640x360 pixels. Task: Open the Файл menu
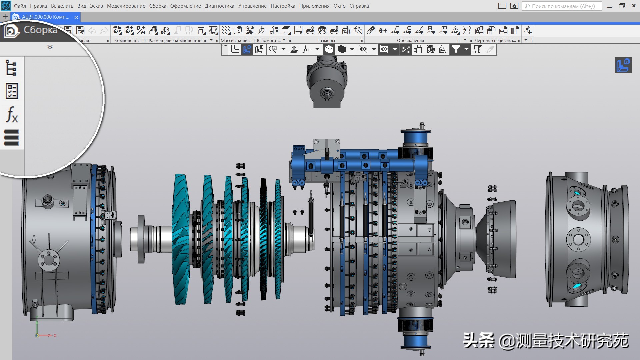(x=20, y=6)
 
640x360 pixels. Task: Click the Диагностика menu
(x=219, y=6)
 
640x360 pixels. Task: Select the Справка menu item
(x=359, y=6)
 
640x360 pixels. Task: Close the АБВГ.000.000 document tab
(x=76, y=17)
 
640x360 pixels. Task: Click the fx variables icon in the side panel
(x=12, y=114)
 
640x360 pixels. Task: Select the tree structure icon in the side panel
(x=11, y=68)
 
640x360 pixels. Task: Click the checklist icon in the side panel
(x=12, y=91)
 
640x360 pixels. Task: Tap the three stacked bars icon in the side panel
(x=11, y=138)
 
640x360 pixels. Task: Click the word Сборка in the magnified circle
(x=40, y=30)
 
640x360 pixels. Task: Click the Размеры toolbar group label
(x=326, y=40)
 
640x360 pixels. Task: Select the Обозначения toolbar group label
(x=410, y=40)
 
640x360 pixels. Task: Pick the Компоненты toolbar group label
(x=127, y=40)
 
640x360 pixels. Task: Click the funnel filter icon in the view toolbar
(x=456, y=50)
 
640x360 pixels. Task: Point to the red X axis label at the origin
(x=55, y=335)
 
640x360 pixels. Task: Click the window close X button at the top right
(x=634, y=6)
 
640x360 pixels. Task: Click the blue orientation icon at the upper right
(x=623, y=65)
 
